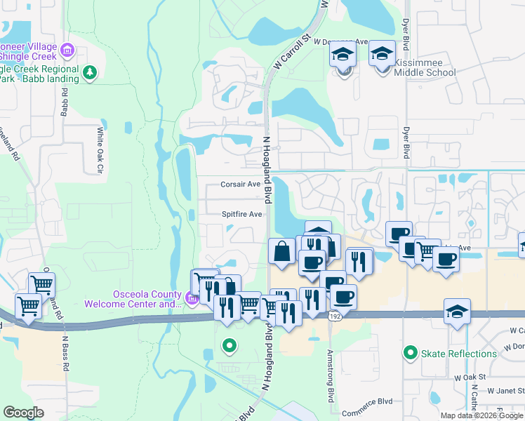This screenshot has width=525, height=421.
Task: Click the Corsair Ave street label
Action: coord(241,184)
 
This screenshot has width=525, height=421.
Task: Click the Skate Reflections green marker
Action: coord(411,352)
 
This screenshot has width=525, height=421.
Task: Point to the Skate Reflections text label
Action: coord(459,353)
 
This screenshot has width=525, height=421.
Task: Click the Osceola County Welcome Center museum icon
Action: coord(190,299)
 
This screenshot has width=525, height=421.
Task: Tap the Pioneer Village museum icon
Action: coord(67,50)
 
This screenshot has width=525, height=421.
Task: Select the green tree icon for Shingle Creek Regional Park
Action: coord(89,72)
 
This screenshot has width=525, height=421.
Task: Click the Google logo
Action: coord(23,412)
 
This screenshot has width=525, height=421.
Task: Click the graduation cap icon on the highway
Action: coord(457,311)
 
